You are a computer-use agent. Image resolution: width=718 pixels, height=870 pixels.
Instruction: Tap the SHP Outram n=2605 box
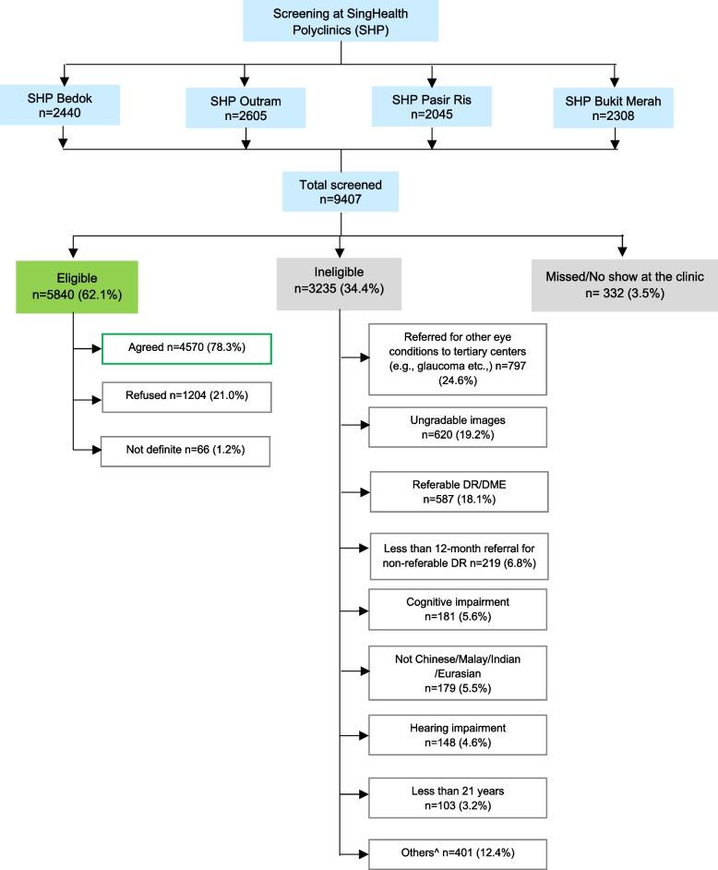(245, 105)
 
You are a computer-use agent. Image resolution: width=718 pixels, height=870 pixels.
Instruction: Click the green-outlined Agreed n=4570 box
(185, 349)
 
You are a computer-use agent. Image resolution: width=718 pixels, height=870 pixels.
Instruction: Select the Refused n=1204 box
(185, 399)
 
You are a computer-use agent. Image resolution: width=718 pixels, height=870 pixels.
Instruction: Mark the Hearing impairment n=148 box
(457, 736)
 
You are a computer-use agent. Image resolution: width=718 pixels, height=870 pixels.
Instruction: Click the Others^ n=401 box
(457, 852)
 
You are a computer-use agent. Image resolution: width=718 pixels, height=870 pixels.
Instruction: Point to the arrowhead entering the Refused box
(96, 399)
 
